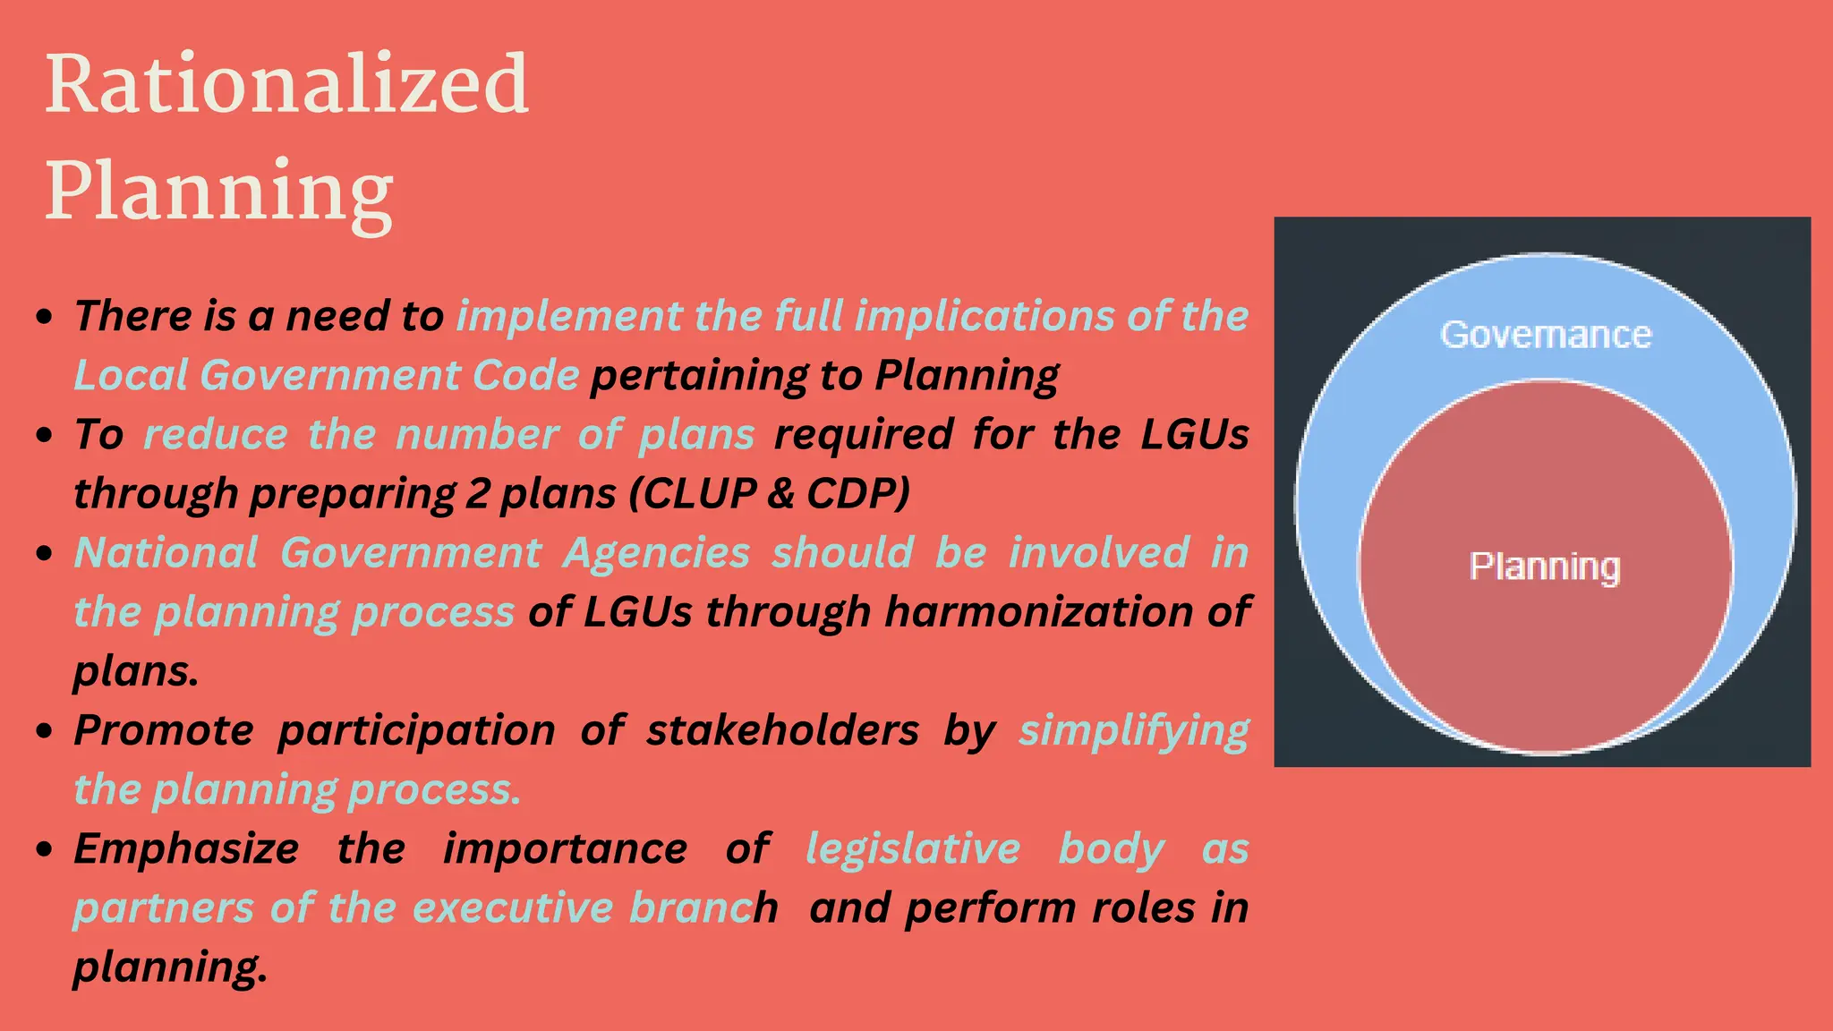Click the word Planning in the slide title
coord(219,191)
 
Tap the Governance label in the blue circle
coord(1546,335)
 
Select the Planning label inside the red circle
coord(1545,567)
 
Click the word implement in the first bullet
coord(569,316)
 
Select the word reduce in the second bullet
coord(216,435)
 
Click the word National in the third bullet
coord(166,552)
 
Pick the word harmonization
coord(1038,612)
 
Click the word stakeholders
coord(782,730)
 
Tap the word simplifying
coord(1133,731)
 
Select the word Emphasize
coord(186,848)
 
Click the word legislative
coord(913,848)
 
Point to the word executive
coord(513,907)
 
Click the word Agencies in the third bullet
coord(656,553)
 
